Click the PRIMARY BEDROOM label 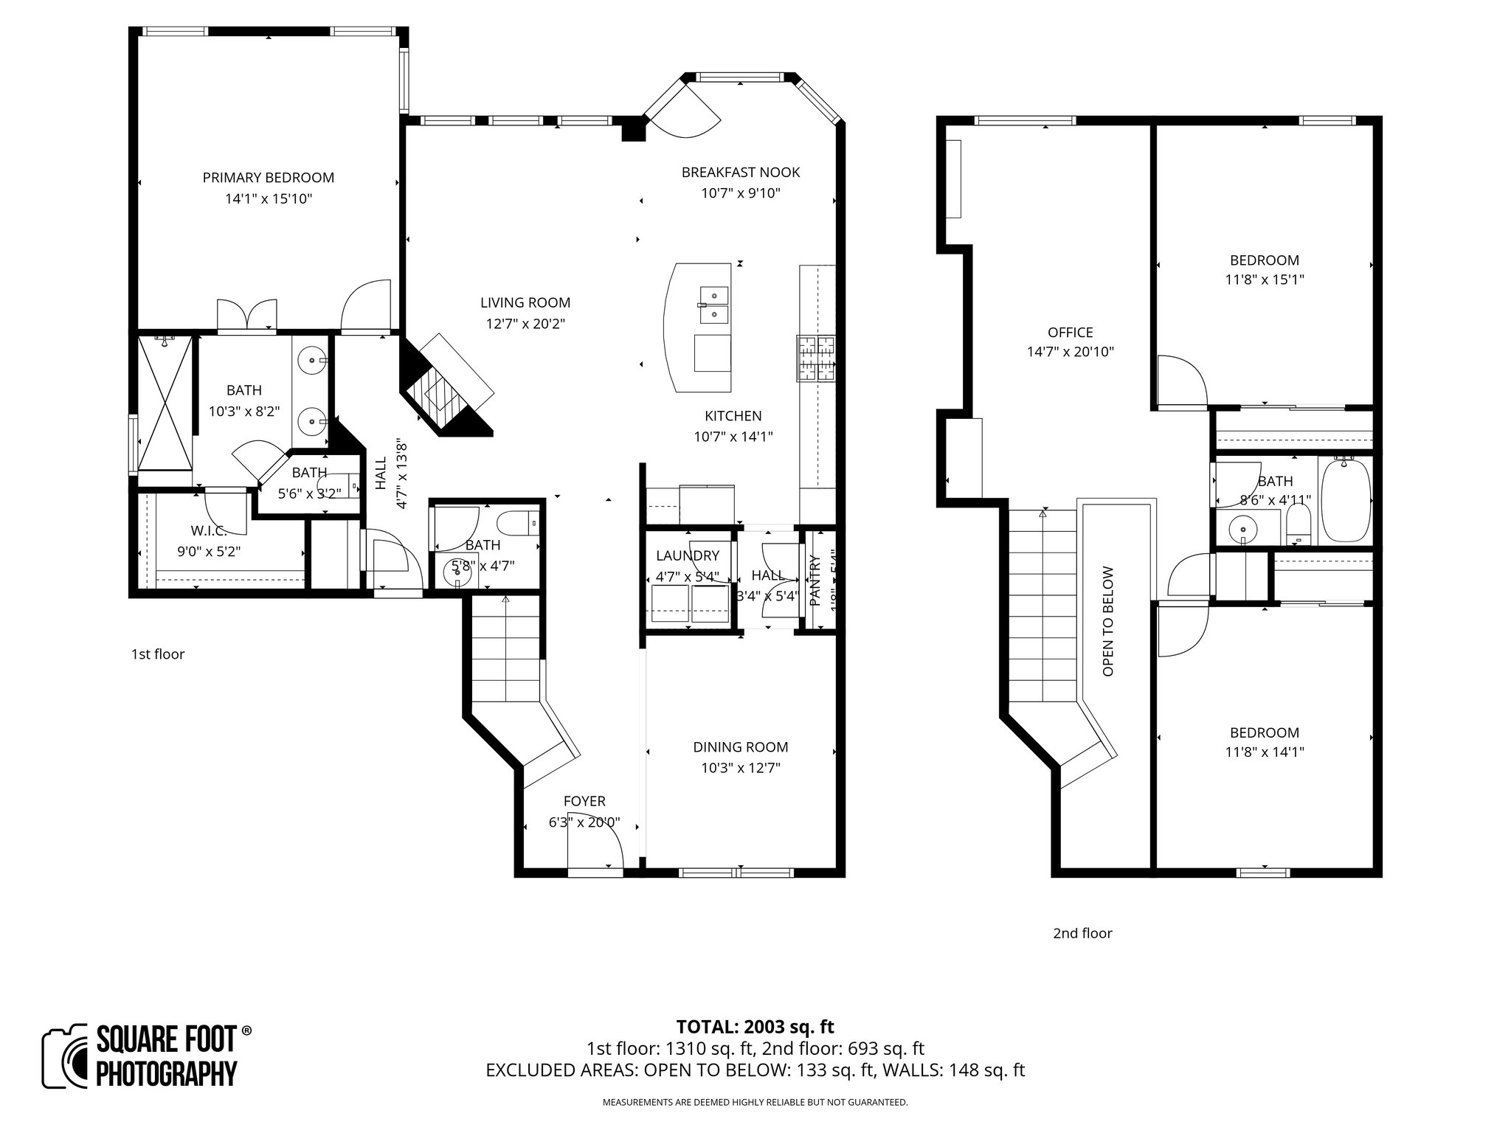pos(268,178)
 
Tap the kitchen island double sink pos(713,305)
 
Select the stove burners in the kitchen pos(816,358)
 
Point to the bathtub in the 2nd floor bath pos(1346,500)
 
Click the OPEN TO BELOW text pos(1107,621)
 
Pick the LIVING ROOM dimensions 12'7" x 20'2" pos(525,324)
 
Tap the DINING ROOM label pos(740,747)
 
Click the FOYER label pos(584,801)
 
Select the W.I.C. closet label pos(208,530)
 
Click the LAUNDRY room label pos(687,555)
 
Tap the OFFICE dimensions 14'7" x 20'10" pos(1070,353)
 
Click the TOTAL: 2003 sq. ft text pos(755,1027)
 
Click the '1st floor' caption pos(158,654)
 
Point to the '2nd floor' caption pos(1082,933)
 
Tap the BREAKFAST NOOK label pos(740,173)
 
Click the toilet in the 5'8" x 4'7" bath pos(519,523)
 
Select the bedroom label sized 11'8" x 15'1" pos(1264,260)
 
